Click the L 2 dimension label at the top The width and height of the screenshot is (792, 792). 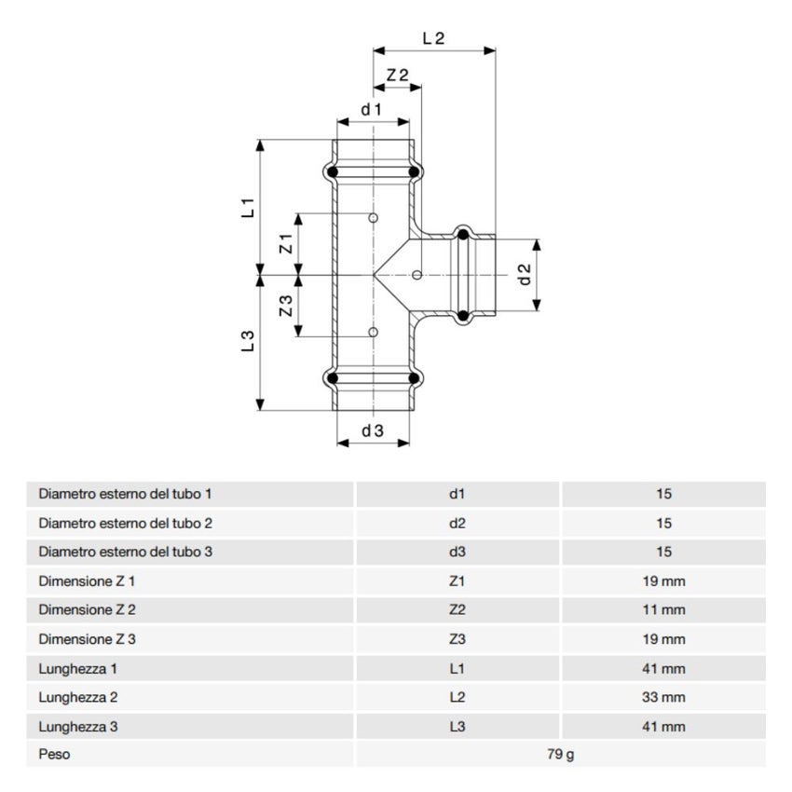(x=433, y=38)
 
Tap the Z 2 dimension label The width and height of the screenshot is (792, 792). (x=397, y=75)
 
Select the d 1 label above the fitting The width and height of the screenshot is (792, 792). (x=371, y=109)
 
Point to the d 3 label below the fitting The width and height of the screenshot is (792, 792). (x=373, y=430)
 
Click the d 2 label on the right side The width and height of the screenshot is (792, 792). (x=526, y=274)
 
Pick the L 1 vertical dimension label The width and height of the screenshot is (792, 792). (x=248, y=208)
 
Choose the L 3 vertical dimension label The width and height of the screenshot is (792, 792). (x=248, y=341)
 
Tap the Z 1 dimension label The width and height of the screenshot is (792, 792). (x=286, y=243)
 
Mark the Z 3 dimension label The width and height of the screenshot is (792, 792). (x=286, y=306)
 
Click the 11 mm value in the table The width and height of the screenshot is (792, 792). (x=663, y=609)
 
